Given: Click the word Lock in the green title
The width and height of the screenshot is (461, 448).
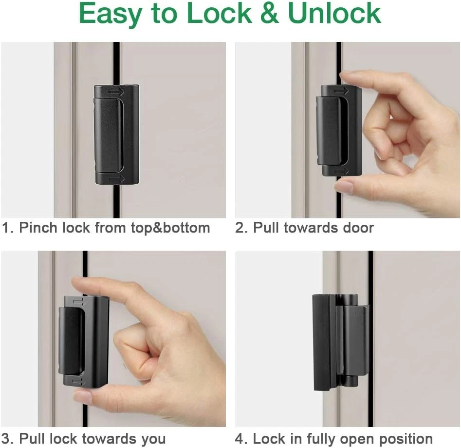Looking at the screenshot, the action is pyautogui.click(x=219, y=13).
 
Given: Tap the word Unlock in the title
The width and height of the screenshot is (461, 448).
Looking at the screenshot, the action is pyautogui.click(x=334, y=13).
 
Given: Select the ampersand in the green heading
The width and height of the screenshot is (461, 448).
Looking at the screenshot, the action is pyautogui.click(x=270, y=13).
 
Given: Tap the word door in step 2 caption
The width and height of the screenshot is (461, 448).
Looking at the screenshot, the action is pyautogui.click(x=358, y=228).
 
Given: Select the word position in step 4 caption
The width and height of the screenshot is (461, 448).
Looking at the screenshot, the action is pyautogui.click(x=406, y=440).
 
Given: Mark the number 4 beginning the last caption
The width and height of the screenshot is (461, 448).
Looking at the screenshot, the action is pyautogui.click(x=239, y=439).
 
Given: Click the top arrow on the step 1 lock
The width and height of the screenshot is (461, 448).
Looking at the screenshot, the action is pyautogui.click(x=116, y=93).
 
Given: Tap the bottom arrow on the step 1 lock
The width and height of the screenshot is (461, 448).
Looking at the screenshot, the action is pyautogui.click(x=117, y=179).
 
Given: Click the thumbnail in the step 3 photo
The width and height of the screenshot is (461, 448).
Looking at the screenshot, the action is pyautogui.click(x=82, y=396).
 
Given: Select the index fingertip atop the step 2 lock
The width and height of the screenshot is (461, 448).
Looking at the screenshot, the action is pyautogui.click(x=348, y=76).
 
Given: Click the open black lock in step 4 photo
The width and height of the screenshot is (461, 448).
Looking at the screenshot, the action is pyautogui.click(x=340, y=342).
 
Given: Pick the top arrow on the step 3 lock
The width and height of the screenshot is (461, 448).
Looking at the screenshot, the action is pyautogui.click(x=78, y=300).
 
